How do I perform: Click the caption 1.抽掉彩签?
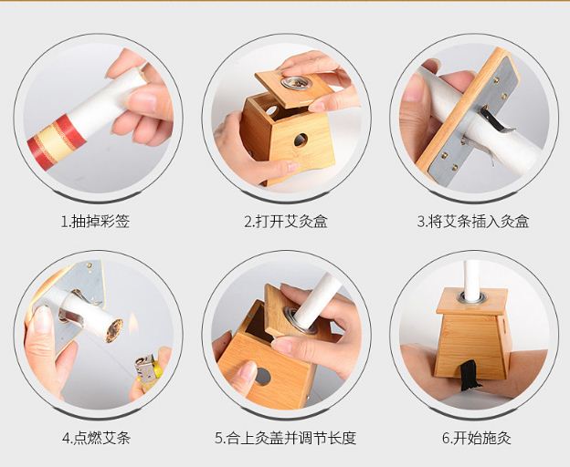point(95,221)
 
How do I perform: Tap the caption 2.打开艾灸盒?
point(286,221)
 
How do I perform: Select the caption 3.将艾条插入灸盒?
point(473,221)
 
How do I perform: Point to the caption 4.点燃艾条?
point(96,438)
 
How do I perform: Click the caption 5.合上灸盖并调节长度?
point(285,438)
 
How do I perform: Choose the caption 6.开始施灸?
point(477,438)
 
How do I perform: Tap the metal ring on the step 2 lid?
point(296,83)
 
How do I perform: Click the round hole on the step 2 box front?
point(301,140)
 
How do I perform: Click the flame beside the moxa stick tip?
point(133,323)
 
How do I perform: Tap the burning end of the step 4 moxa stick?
point(114,330)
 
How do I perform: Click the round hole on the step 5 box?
point(262,377)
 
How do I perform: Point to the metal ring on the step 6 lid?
point(472,297)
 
